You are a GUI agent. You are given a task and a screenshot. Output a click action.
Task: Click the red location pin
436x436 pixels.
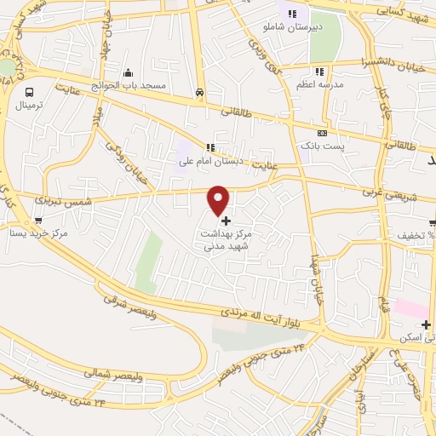tap(220, 199)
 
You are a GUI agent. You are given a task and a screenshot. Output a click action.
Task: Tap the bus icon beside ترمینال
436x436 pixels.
tap(30, 92)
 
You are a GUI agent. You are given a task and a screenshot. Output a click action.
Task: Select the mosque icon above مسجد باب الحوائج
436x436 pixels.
tap(128, 72)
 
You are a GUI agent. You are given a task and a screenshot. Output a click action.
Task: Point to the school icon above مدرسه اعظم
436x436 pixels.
tap(319, 72)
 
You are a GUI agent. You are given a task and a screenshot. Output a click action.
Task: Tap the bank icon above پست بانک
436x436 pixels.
tap(322, 133)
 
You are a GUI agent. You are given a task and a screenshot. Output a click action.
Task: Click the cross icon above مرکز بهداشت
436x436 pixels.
tap(225, 221)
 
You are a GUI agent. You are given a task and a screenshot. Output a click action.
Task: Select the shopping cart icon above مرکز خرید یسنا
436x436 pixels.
tap(38, 221)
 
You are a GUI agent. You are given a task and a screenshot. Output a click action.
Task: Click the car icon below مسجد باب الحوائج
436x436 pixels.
tap(198, 92)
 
